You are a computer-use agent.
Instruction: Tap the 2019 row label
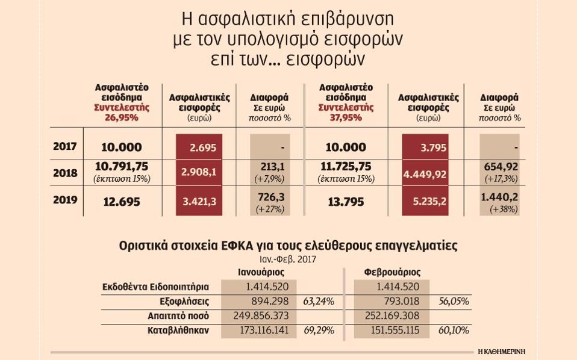tap(65, 200)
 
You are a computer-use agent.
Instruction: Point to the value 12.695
tap(120, 202)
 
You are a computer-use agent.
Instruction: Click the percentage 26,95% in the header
tap(122, 117)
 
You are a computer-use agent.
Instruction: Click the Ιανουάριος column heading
tap(261, 272)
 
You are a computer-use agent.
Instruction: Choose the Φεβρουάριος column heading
tap(392, 272)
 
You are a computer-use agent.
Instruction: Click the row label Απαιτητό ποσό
tap(188, 315)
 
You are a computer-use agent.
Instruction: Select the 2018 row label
tap(65, 173)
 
